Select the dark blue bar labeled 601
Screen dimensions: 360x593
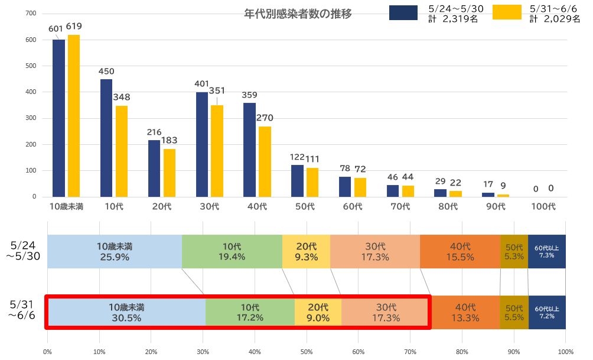pyautogui.click(x=58, y=118)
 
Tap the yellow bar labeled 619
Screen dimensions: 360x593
pyautogui.click(x=74, y=116)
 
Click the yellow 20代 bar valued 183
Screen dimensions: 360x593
pyautogui.click(x=170, y=173)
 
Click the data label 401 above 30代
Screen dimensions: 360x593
pyautogui.click(x=202, y=84)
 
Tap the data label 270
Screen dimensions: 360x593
pyautogui.click(x=265, y=118)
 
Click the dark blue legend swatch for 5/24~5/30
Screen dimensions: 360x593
pyautogui.click(x=403, y=12)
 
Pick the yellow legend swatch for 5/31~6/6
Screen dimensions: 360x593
pyautogui.click(x=507, y=12)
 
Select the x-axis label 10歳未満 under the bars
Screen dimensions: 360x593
pyautogui.click(x=66, y=206)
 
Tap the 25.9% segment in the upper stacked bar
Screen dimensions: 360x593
pyautogui.click(x=115, y=252)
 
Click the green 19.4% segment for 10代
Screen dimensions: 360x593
pyautogui.click(x=232, y=252)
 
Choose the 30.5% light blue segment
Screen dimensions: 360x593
pyautogui.click(x=126, y=313)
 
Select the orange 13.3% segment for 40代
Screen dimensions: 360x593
pyautogui.click(x=465, y=313)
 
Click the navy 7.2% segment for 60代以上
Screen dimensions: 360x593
pyautogui.click(x=547, y=313)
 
